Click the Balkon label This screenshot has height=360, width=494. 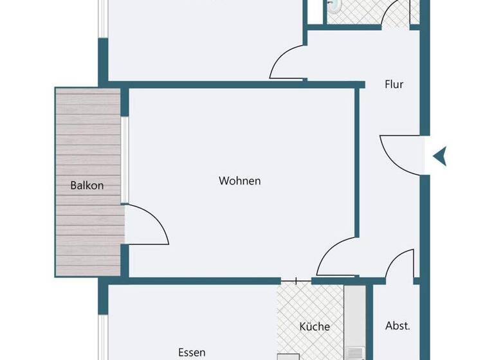[87, 186]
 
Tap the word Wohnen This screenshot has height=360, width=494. [240, 181]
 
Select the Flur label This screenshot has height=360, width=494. [394, 84]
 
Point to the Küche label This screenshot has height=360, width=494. [315, 327]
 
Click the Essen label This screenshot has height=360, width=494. [192, 352]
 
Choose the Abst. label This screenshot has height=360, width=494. [398, 325]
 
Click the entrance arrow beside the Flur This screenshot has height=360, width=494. [440, 156]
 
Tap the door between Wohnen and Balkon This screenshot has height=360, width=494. [147, 225]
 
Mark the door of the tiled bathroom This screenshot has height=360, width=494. [395, 13]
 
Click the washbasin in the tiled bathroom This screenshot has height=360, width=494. [334, 6]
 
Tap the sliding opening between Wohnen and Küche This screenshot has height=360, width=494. [296, 280]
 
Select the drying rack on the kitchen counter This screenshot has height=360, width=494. [354, 353]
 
